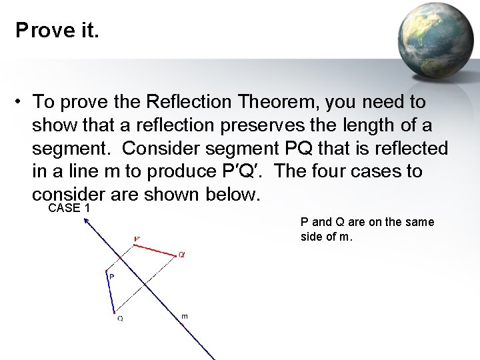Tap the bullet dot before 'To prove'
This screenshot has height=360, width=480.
tap(21, 102)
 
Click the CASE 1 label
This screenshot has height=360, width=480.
tap(69, 209)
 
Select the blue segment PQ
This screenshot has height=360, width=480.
tap(110, 291)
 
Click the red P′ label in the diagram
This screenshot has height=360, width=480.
tap(137, 239)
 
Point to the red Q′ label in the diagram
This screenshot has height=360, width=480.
tap(182, 255)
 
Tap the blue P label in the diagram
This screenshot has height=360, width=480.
tap(111, 276)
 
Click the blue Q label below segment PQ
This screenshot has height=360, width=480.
tap(120, 319)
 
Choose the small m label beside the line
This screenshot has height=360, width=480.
tap(185, 315)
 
